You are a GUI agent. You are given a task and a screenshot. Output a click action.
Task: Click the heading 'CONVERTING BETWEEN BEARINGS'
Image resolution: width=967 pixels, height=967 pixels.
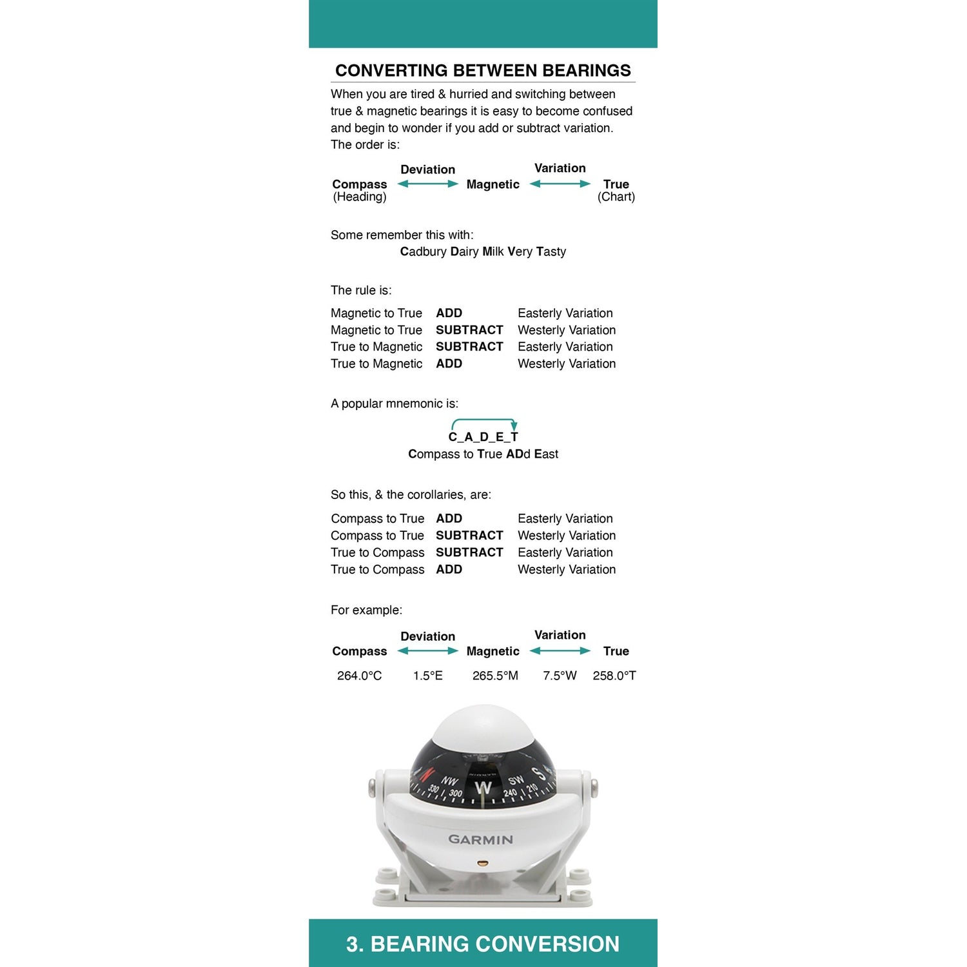(x=483, y=70)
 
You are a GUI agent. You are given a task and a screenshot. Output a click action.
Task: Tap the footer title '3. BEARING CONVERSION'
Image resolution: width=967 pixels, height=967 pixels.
(x=483, y=944)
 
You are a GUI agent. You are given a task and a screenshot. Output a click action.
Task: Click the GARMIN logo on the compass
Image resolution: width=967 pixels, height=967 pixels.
(x=481, y=839)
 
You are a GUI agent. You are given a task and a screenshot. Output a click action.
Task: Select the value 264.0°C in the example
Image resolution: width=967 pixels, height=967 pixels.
(x=359, y=676)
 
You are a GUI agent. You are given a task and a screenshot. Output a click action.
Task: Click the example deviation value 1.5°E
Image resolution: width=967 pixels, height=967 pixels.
(x=428, y=676)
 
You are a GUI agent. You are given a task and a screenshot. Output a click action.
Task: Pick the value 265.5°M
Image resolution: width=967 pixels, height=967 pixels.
(x=495, y=676)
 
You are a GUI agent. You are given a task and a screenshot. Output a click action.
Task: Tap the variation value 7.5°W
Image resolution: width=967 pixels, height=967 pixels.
(x=560, y=676)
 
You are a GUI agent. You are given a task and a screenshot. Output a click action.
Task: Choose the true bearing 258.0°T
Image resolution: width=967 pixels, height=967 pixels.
(x=614, y=676)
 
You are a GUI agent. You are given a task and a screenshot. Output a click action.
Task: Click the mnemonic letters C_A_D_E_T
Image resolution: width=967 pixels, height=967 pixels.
(x=483, y=437)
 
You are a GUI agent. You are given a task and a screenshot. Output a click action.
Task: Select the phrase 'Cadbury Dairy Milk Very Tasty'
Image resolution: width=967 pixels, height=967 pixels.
(x=483, y=251)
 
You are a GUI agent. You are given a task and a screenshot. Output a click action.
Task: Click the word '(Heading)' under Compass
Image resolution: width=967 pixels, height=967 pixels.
(x=360, y=197)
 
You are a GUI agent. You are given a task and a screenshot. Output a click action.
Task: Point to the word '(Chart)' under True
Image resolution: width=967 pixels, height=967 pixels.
(x=616, y=197)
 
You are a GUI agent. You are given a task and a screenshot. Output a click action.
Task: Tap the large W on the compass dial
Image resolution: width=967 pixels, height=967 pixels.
(x=483, y=788)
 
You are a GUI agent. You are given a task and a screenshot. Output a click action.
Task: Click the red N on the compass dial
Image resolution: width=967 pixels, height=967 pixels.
(x=427, y=774)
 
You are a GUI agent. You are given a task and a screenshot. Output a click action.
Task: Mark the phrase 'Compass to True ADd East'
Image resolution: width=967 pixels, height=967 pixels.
(x=483, y=454)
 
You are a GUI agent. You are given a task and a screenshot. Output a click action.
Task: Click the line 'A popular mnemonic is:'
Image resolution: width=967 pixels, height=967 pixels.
(x=395, y=404)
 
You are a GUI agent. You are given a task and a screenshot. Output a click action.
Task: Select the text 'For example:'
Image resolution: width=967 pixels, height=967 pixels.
(x=366, y=610)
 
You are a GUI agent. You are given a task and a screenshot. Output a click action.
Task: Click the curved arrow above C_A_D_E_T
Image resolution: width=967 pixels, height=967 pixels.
(x=484, y=421)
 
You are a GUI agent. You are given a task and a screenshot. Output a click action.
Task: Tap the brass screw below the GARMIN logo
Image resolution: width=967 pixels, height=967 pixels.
(x=481, y=862)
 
